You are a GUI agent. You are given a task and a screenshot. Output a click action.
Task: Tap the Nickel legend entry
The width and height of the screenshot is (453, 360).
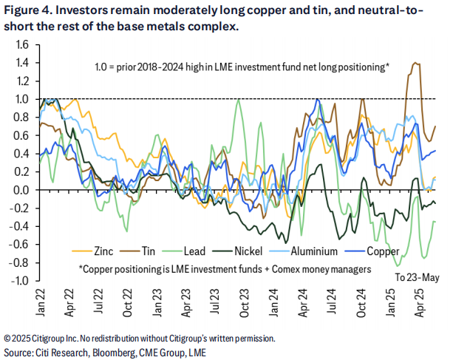pyautogui.click(x=259, y=251)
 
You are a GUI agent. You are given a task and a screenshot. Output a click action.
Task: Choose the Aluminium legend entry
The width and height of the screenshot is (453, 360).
pyautogui.click(x=325, y=251)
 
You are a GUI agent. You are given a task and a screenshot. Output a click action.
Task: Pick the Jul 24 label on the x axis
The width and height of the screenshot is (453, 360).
pyautogui.click(x=326, y=299)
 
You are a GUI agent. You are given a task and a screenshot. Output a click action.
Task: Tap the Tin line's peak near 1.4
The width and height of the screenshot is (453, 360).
pyautogui.click(x=415, y=63)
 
